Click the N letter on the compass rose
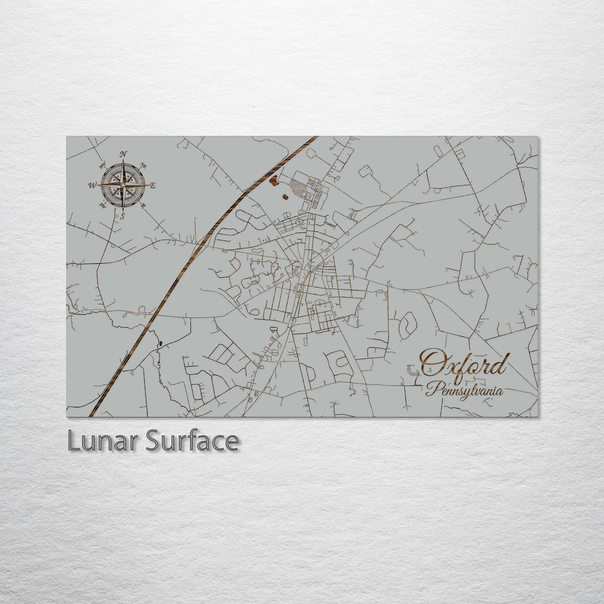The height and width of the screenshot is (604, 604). coord(123,154)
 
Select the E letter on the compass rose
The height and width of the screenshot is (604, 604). coord(153,186)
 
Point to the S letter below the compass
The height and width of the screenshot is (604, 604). coord(122,216)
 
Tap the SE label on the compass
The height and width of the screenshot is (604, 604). coord(143,205)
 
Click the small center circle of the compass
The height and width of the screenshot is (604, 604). coord(123,185)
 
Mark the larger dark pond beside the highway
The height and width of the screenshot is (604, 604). coord(274,181)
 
